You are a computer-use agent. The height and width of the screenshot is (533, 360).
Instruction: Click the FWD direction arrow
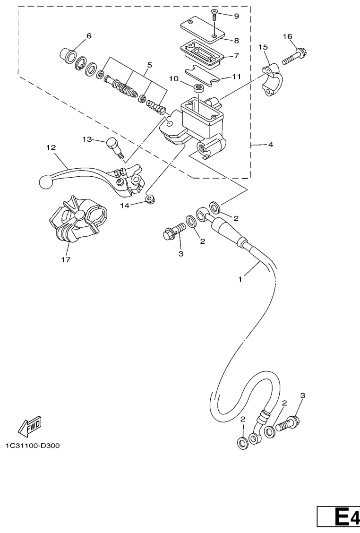30,427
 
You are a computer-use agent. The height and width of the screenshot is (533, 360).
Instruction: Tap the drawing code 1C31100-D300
33,446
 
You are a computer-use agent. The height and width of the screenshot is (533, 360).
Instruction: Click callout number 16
287,36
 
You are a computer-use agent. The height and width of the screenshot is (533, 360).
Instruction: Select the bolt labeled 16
295,57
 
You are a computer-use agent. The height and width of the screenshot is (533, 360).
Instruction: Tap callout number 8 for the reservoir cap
237,41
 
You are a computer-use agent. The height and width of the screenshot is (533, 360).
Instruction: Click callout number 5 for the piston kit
150,65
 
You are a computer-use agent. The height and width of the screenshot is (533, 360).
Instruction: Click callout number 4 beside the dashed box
271,145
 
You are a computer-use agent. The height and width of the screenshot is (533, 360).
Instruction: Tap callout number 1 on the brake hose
240,279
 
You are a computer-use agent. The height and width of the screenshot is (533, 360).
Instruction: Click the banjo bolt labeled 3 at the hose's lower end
288,422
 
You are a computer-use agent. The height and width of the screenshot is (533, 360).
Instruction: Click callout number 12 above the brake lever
51,147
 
